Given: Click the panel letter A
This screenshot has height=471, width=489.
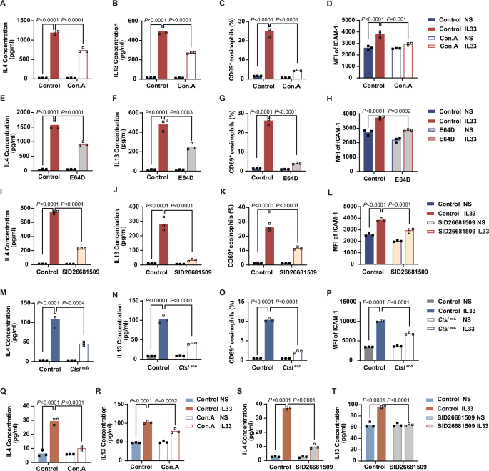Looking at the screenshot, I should [4, 6].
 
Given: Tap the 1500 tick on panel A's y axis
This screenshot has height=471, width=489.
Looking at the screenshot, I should [24, 21].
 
